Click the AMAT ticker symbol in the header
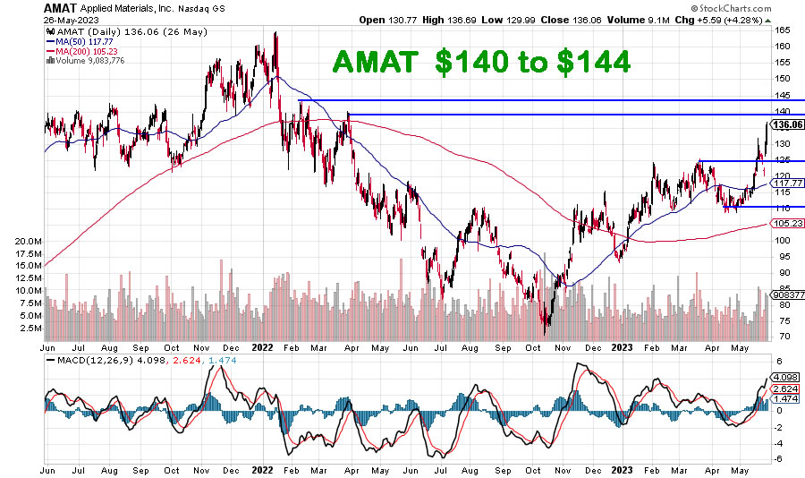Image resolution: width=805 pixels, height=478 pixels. click(24, 6)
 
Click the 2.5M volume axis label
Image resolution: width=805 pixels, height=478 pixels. click(29, 329)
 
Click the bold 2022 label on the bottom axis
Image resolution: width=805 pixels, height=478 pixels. click(262, 469)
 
